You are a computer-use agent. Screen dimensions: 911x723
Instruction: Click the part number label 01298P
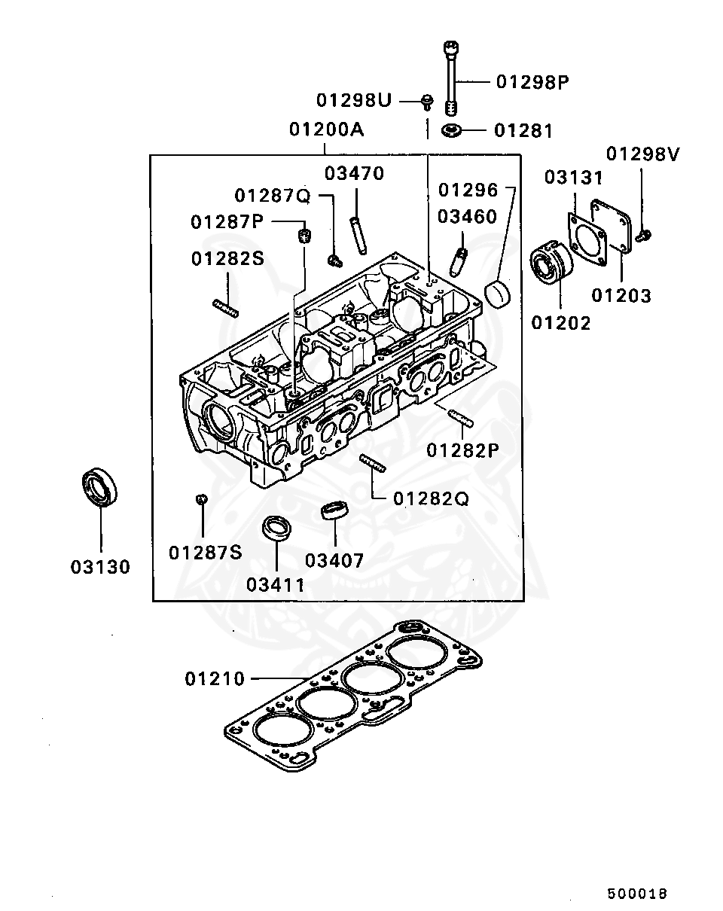pyautogui.click(x=532, y=82)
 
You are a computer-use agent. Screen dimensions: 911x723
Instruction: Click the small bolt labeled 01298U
pyautogui.click(x=427, y=100)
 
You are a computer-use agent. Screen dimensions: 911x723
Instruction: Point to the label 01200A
pyautogui.click(x=326, y=130)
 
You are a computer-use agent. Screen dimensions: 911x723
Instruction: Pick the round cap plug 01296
pyautogui.click(x=496, y=293)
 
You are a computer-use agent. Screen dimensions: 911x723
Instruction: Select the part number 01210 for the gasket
pyautogui.click(x=215, y=679)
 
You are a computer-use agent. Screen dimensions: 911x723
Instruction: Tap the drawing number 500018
pyautogui.click(x=637, y=894)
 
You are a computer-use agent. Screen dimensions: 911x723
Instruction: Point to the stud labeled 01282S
pyautogui.click(x=225, y=308)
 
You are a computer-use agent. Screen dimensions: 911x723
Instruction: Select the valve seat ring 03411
pyautogui.click(x=276, y=527)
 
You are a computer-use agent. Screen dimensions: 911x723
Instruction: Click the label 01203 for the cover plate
pyautogui.click(x=621, y=295)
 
